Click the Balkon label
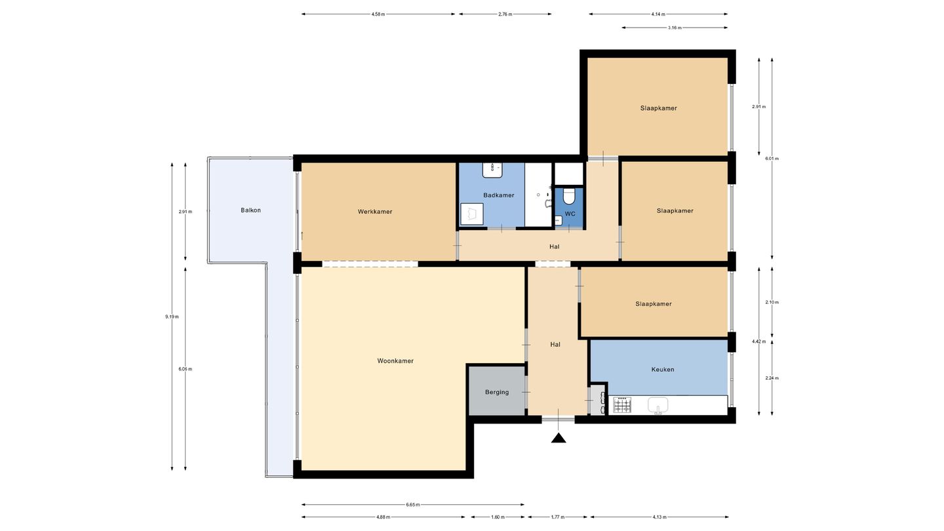click(250, 210)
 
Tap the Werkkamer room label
click(375, 212)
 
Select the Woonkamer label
click(395, 361)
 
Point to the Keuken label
click(663, 370)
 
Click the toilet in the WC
click(569, 196)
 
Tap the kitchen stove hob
click(623, 405)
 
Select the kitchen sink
click(658, 405)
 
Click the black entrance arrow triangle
click(559, 438)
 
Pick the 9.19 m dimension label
click(172, 317)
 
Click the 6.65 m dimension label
click(413, 505)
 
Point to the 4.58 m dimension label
click(378, 14)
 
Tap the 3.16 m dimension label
click(675, 28)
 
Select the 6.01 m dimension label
click(772, 159)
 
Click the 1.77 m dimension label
click(557, 517)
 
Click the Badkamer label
click(498, 195)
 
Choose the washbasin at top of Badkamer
click(492, 170)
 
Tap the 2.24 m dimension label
click(772, 378)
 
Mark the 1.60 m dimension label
click(498, 517)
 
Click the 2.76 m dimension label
click(505, 14)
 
